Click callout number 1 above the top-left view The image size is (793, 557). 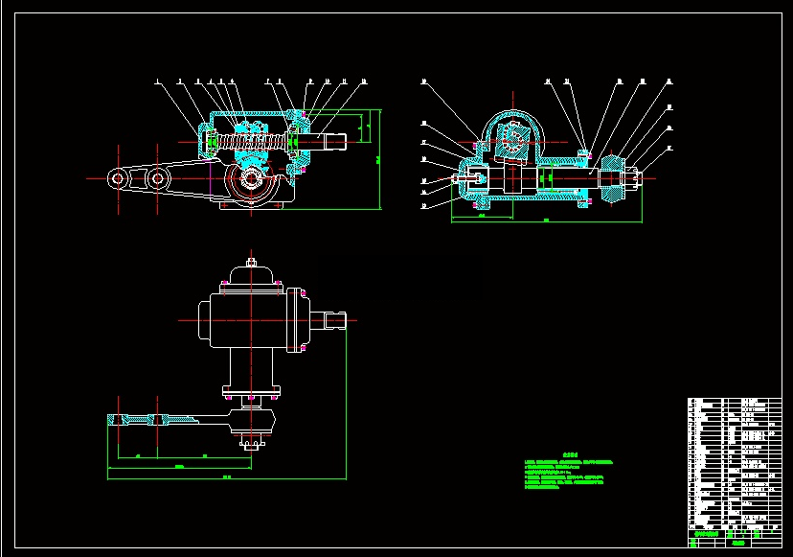coord(156,81)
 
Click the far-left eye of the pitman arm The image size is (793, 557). coord(118,178)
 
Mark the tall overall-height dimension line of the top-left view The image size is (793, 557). coord(382,158)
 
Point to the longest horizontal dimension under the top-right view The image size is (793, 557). coord(546,222)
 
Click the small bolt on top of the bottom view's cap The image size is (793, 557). coord(250,261)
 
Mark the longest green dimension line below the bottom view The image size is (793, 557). coord(172,476)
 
